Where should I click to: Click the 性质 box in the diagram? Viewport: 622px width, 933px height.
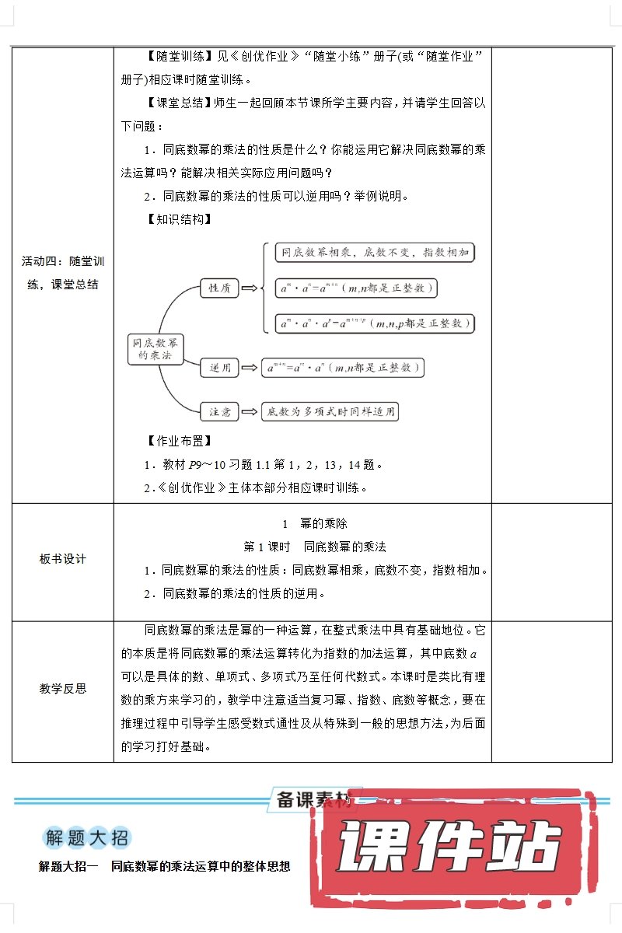(x=218, y=288)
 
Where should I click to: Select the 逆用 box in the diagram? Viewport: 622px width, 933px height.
(x=219, y=368)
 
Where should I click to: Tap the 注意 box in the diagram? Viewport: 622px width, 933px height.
(x=218, y=411)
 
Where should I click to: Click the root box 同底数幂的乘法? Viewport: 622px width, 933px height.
(x=155, y=348)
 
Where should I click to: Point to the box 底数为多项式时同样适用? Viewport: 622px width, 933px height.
(x=330, y=411)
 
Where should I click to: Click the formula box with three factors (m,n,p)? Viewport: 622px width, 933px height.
(x=375, y=323)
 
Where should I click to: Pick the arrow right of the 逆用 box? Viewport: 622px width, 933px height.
(x=250, y=368)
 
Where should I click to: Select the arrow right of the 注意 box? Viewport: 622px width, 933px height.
(x=250, y=411)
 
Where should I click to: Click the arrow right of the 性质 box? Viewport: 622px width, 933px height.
(x=250, y=288)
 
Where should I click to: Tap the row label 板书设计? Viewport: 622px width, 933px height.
(x=63, y=559)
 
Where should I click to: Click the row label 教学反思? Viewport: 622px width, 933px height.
(x=63, y=688)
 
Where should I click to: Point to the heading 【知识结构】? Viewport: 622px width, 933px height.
(x=180, y=219)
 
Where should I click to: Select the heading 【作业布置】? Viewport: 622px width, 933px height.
(x=180, y=441)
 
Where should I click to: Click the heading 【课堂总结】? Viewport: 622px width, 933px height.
(x=180, y=103)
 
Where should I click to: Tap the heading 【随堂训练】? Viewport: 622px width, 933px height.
(x=180, y=56)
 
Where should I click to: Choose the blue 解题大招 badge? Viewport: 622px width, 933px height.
(x=86, y=838)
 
